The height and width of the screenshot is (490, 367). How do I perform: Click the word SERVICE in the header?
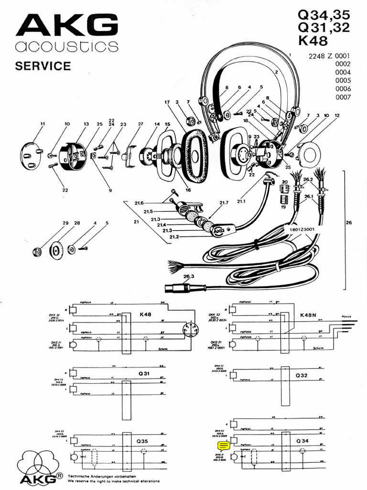pyautogui.click(x=43, y=66)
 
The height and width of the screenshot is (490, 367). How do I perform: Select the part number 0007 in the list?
pyautogui.click(x=343, y=97)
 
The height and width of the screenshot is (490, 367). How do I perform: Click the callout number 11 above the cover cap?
pyautogui.click(x=42, y=124)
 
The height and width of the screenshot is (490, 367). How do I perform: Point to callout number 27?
pyautogui.click(x=140, y=124)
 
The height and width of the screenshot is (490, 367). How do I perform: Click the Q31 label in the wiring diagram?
pyautogui.click(x=144, y=373)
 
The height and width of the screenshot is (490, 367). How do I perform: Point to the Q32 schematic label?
pyautogui.click(x=302, y=376)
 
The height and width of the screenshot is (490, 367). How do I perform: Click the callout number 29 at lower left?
pyautogui.click(x=65, y=223)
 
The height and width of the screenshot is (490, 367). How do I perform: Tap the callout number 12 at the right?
pyautogui.click(x=337, y=116)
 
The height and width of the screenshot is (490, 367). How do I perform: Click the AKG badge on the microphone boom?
pyautogui.click(x=218, y=232)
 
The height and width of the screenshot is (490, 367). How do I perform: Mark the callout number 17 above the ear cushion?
pyautogui.click(x=167, y=102)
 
